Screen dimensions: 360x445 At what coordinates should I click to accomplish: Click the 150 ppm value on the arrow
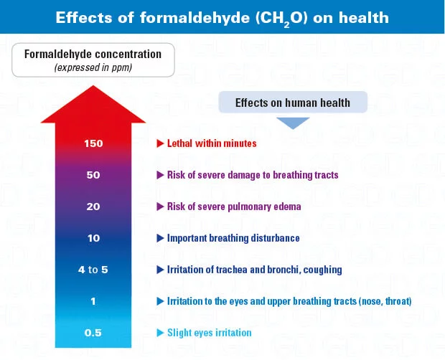pos(93,143)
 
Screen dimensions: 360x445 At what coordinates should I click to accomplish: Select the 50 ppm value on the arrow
pos(93,175)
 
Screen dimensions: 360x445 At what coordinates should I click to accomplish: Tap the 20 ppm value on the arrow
pos(93,207)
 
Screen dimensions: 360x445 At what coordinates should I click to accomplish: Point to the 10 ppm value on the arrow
pos(93,238)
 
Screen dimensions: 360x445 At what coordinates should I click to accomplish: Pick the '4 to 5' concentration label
pos(93,270)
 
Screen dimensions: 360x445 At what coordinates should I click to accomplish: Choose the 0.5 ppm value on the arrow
pos(93,333)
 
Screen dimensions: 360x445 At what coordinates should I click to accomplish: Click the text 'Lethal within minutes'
pos(212,143)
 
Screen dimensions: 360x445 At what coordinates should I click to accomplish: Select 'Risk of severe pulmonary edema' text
pos(234,207)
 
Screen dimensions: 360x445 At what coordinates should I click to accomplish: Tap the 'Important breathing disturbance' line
pos(233,238)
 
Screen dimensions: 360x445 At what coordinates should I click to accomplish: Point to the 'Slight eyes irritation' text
pos(208,333)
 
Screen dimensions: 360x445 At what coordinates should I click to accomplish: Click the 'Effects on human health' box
pos(293,103)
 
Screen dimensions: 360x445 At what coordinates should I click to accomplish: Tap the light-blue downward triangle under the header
pos(293,123)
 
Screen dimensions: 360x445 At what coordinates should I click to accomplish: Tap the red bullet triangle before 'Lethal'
pos(160,143)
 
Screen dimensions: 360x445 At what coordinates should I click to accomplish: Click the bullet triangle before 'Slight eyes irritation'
pos(160,333)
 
